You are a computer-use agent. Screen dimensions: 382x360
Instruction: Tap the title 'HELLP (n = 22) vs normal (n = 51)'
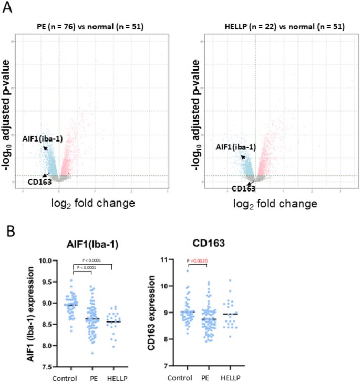280,26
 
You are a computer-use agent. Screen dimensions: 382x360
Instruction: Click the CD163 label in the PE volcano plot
25,183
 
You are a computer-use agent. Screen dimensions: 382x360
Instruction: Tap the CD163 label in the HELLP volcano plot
244,188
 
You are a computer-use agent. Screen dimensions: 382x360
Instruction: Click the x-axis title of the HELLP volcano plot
280,203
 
